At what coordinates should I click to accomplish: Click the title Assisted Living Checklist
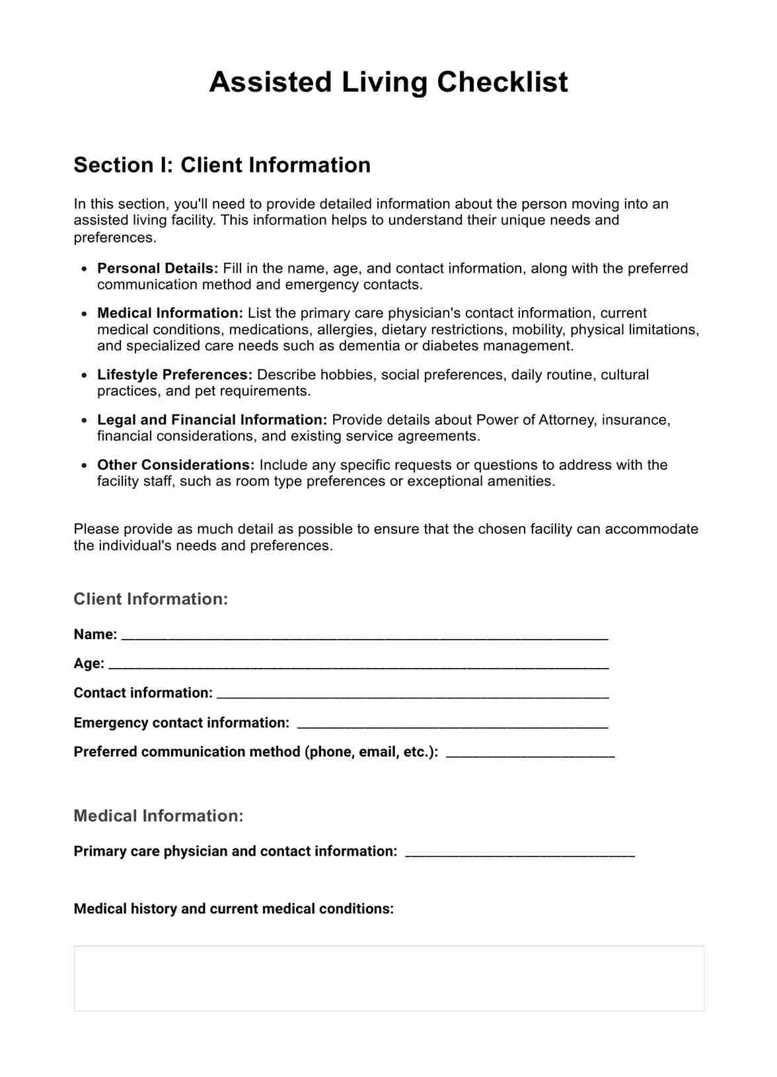388,83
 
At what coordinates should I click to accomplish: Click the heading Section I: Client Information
222,165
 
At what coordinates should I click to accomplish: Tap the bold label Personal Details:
157,268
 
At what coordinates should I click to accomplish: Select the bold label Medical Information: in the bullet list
170,313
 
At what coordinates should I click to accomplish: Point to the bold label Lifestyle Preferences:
174,375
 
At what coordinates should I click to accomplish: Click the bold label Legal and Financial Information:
212,420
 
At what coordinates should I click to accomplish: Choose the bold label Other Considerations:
176,464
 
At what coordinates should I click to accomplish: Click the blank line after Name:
365,636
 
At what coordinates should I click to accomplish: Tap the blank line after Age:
358,665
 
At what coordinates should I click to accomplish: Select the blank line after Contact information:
412,694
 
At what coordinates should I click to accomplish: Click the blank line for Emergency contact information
453,724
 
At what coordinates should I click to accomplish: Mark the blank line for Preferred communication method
530,753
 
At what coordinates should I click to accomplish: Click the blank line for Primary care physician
519,852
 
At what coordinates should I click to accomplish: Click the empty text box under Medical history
388,978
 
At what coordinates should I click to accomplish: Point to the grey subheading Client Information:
151,599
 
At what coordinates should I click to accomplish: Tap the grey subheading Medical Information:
159,816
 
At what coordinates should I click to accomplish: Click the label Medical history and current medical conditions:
233,909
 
